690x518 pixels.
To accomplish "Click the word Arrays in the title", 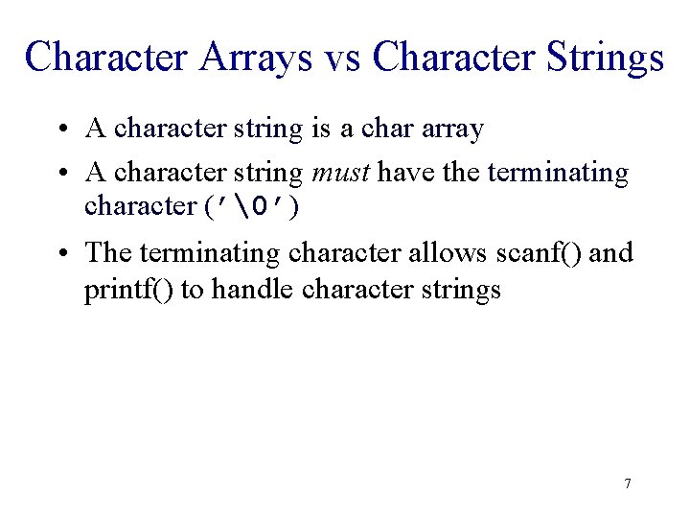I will click(x=257, y=57).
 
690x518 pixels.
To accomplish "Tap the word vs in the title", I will click(x=342, y=57).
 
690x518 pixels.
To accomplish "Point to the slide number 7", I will click(x=627, y=483).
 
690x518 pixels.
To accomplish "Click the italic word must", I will click(x=341, y=173).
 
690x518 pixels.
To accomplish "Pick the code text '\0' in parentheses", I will click(x=252, y=206).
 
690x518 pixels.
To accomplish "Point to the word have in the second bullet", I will click(x=402, y=173).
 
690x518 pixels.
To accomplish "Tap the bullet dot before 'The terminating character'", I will click(x=60, y=252).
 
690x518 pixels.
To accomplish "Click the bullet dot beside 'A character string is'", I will click(x=60, y=128).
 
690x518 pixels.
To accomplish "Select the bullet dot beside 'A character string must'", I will click(x=60, y=173).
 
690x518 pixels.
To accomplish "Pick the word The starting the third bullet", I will click(x=108, y=252).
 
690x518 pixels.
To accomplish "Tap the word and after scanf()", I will click(x=613, y=252).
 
